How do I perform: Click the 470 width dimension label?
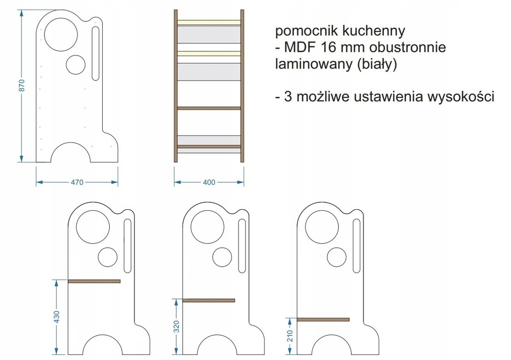pos(77,182)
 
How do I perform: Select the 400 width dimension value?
pos(210,182)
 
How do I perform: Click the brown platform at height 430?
pos(94,281)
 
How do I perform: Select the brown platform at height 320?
pos(209,300)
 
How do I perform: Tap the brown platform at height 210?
pos(323,319)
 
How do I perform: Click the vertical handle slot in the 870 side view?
pos(95,53)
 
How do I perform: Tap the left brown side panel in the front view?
pos(175,86)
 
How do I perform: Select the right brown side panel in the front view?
pos(243,86)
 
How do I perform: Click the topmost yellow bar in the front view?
pos(209,22)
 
